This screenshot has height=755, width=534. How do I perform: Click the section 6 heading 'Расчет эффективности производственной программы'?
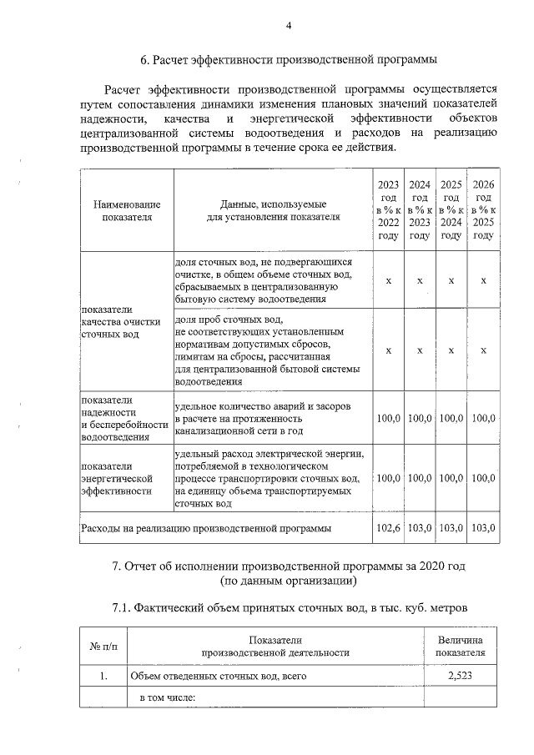(289, 60)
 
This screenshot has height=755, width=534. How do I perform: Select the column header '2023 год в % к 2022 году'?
(388, 210)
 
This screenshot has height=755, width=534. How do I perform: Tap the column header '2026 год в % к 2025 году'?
(483, 210)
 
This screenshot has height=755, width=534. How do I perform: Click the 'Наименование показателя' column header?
(127, 210)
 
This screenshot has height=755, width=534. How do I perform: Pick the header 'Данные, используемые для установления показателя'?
(273, 210)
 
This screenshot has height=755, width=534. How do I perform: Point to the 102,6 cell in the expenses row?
(388, 528)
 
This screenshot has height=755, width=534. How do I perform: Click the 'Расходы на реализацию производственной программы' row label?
(204, 528)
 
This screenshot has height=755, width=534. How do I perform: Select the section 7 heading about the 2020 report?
(288, 574)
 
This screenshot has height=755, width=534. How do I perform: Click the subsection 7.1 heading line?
(289, 607)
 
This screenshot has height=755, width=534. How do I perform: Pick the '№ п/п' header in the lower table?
(103, 646)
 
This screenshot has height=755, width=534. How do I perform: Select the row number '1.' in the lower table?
(103, 677)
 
